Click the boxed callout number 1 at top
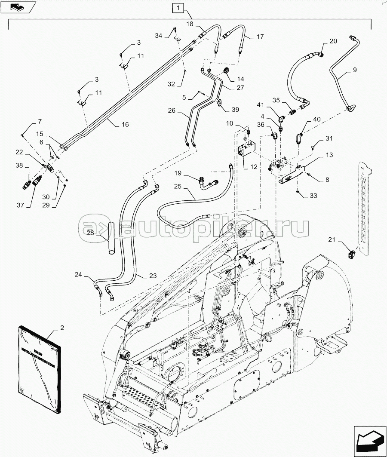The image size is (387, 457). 178,8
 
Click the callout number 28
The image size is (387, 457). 90,233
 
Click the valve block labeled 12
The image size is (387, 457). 246,150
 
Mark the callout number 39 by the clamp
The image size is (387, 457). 235,110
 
